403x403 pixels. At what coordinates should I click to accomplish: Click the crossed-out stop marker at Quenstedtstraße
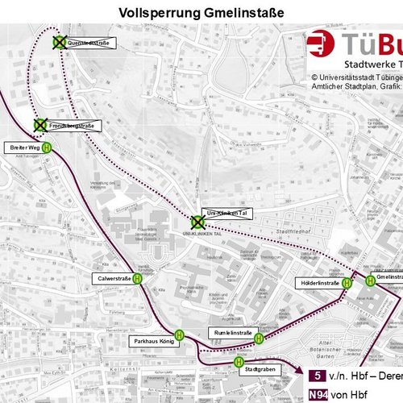(x=60, y=42)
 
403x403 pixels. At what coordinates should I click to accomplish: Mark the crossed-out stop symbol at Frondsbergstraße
(x=39, y=126)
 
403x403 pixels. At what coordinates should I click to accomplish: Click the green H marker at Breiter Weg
(x=48, y=147)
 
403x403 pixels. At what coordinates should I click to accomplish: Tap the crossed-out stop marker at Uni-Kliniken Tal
(x=197, y=222)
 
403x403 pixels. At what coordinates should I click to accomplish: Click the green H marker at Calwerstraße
(x=138, y=279)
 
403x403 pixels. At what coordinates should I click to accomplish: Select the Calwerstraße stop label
(x=113, y=279)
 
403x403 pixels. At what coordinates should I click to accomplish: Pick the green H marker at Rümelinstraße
(x=259, y=339)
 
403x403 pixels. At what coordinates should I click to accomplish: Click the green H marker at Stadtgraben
(x=239, y=363)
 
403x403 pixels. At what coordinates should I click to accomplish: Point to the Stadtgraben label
(x=258, y=372)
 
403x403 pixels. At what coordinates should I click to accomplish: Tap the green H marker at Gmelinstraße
(x=369, y=280)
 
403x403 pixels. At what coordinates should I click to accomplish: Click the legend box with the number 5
(x=318, y=376)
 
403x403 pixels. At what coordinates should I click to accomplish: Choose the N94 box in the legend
(x=318, y=393)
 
